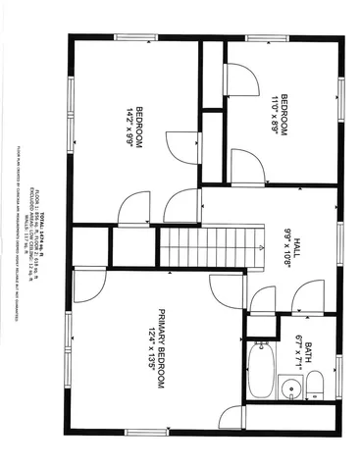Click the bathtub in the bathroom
(262, 370)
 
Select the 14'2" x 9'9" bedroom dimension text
(128, 127)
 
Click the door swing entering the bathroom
(309, 295)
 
